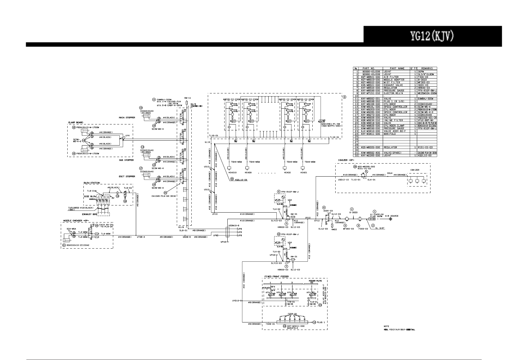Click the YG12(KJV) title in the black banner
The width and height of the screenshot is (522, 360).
click(432, 36)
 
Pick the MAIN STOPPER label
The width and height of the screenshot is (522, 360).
click(127, 118)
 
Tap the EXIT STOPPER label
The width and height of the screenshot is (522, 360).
click(127, 176)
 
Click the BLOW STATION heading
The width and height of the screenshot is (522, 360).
click(91, 183)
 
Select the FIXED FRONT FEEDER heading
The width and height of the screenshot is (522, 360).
click(276, 276)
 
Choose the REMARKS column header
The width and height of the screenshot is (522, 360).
click(427, 68)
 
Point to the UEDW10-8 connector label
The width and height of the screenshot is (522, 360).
click(233, 225)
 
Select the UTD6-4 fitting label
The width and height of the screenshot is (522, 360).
click(141, 237)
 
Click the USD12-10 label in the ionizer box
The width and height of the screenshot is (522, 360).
click(343, 179)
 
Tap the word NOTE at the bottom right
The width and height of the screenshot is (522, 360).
click(386, 326)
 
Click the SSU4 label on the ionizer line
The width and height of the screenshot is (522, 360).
click(390, 175)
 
